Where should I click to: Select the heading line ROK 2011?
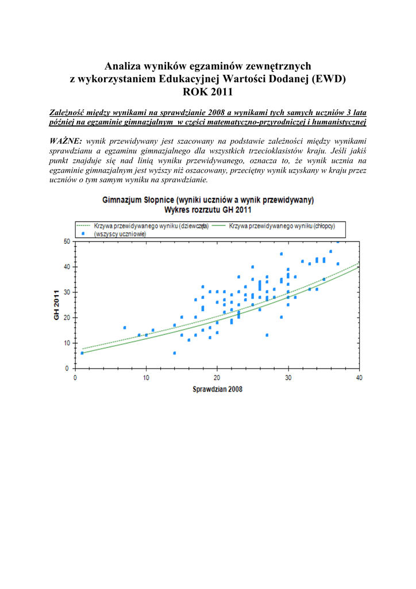(x=207, y=91)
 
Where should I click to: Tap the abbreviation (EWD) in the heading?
(x=328, y=79)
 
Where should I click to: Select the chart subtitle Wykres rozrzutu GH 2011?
(x=207, y=210)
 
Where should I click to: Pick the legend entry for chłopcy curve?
(x=282, y=226)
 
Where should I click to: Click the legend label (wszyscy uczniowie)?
(x=120, y=234)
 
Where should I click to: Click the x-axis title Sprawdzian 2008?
(x=217, y=389)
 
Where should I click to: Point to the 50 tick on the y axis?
(x=66, y=242)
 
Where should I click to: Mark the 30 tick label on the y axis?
(x=66, y=292)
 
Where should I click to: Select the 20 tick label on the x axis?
(x=217, y=377)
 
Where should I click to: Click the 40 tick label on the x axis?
(x=359, y=377)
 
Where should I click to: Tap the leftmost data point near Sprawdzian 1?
(x=82, y=353)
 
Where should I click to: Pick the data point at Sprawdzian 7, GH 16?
(x=125, y=327)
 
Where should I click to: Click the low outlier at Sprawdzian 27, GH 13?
(x=267, y=335)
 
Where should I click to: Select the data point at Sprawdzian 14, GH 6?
(x=175, y=353)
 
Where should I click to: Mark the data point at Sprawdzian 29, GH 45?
(x=281, y=254)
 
